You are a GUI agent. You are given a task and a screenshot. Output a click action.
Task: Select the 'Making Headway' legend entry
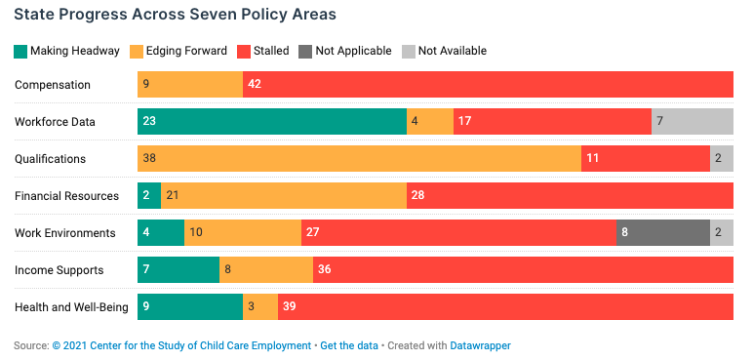tap(67, 51)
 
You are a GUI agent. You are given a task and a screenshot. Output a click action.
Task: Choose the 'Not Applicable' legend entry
tap(346, 51)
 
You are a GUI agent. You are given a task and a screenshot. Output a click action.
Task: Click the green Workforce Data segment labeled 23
tap(272, 122)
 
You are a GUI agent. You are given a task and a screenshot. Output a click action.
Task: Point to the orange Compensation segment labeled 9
tap(190, 85)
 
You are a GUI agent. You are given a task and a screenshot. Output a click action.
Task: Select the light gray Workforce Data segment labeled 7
tap(693, 122)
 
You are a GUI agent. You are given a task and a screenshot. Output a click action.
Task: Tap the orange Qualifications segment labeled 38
tap(359, 159)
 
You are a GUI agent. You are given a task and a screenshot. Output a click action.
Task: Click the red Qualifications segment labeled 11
tap(646, 159)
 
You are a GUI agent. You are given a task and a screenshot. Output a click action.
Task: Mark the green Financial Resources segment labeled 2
tap(149, 196)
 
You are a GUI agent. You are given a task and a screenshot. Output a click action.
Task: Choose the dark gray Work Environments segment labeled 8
tap(663, 233)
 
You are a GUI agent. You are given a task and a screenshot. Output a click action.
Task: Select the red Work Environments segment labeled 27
tap(458, 233)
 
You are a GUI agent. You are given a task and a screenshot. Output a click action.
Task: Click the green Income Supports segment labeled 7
tap(178, 270)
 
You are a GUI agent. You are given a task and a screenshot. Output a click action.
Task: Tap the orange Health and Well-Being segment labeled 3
tap(260, 307)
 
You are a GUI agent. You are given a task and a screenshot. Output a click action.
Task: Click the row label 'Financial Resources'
tap(66, 196)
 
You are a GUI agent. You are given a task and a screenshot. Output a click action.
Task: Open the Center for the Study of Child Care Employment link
tap(181, 345)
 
